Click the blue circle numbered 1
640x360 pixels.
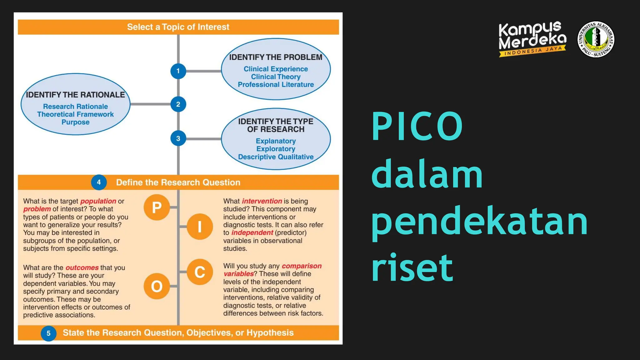coord(178,71)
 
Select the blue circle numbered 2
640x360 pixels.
coord(178,104)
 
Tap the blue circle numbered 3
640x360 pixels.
coord(178,138)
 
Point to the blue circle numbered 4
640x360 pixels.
coord(99,182)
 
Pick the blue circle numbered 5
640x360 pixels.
coord(48,333)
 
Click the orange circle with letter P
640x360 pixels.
coord(157,207)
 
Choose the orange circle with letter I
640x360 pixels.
coord(200,227)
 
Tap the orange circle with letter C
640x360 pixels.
coord(200,272)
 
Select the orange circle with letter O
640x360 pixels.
coord(157,286)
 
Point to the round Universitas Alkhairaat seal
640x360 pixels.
coord(596,39)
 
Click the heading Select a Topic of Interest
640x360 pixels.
coord(178,27)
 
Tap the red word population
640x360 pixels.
coord(98,201)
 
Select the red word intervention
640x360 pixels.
coord(262,201)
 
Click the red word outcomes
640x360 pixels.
coord(82,268)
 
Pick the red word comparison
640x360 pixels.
coord(302,266)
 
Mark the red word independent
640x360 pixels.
coord(252,233)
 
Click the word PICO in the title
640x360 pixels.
coord(417,126)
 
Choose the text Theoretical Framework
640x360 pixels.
coord(75,114)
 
